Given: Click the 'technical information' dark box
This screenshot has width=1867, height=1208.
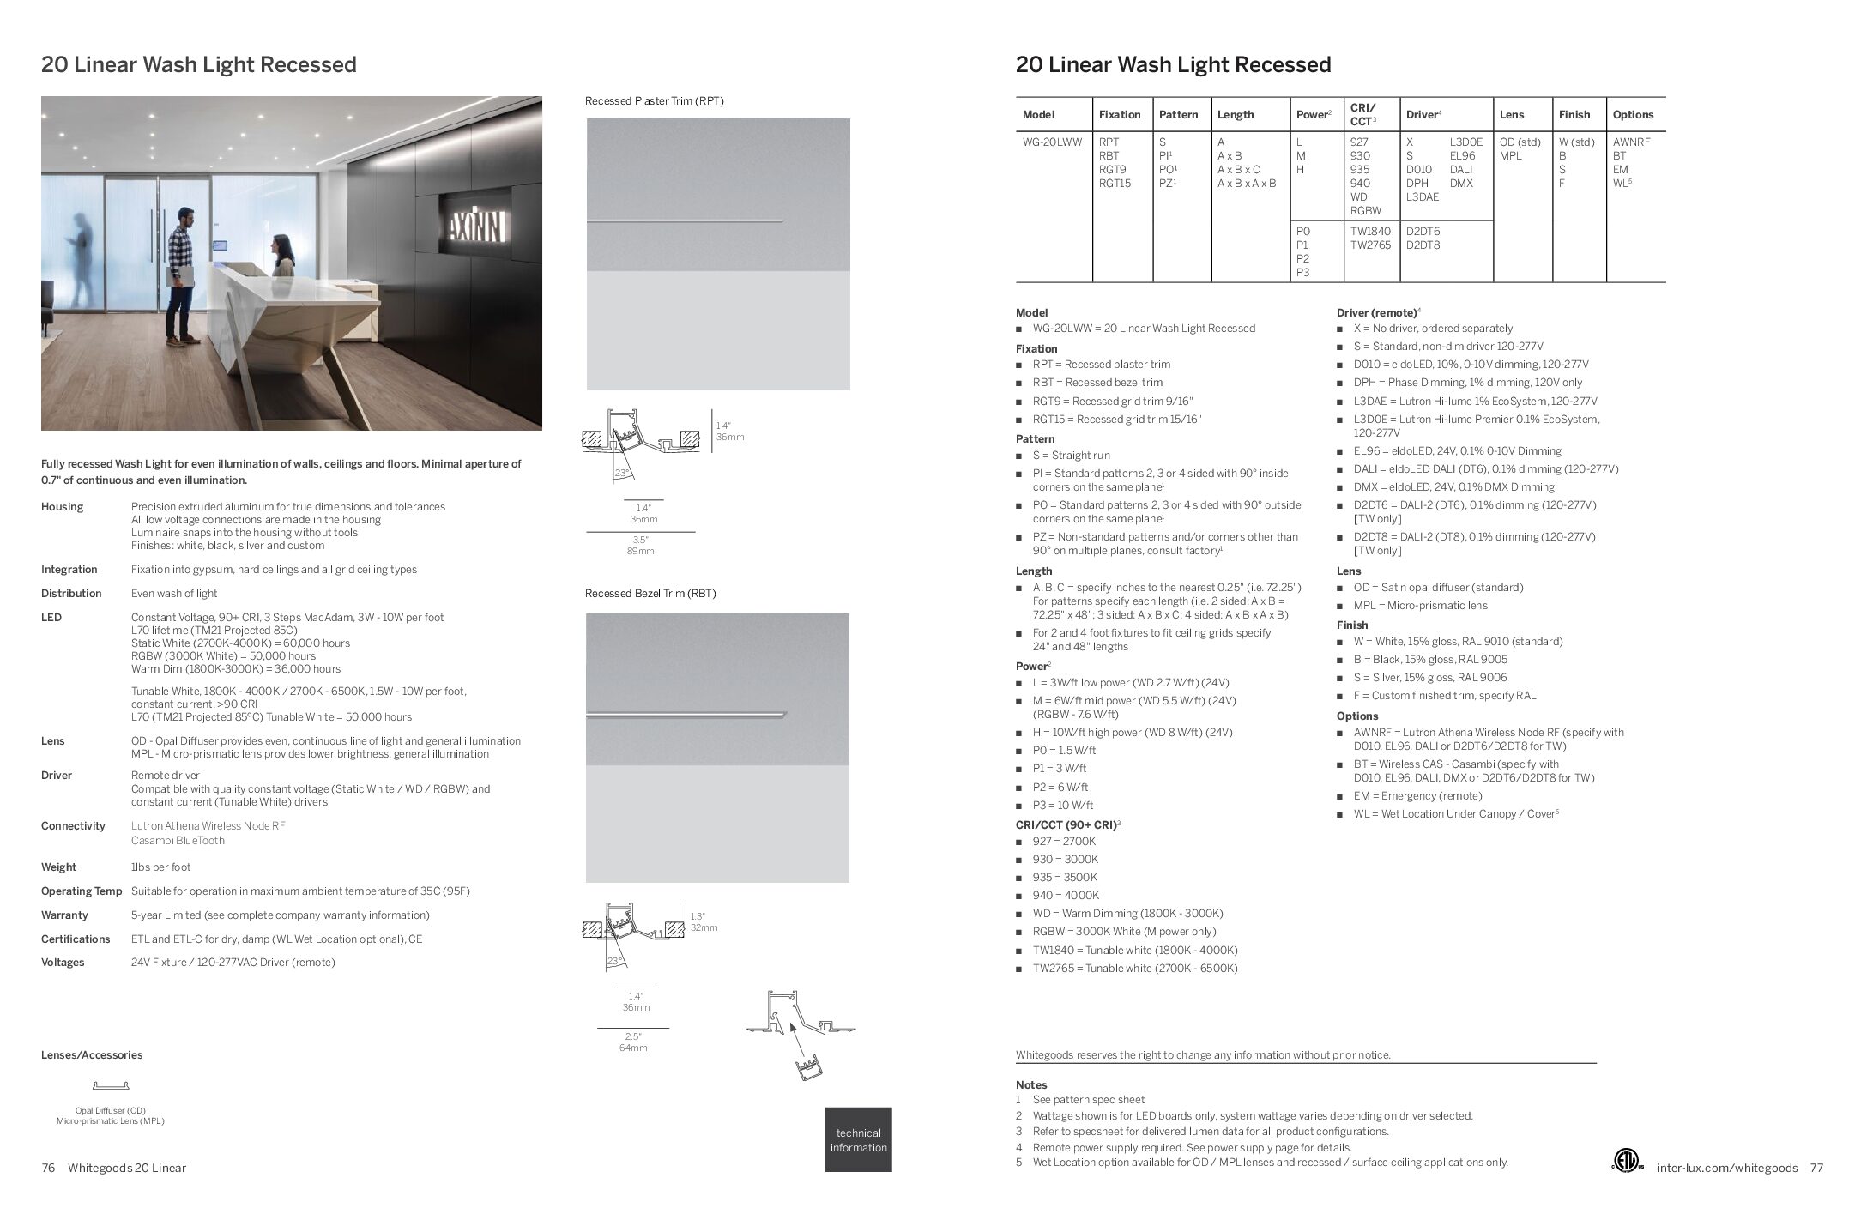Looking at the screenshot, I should point(858,1139).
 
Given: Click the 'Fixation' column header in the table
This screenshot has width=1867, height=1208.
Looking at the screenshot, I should point(1120,115).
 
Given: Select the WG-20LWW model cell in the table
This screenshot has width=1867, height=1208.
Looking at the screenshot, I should point(1052,142).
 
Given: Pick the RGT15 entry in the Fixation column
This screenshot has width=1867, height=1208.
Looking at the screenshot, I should point(1115,184).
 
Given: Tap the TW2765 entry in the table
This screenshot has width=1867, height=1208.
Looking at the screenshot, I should point(1371,245).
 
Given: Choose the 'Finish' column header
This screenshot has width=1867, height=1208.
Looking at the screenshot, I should point(1574,115).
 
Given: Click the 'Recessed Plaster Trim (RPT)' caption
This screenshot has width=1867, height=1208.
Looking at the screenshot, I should point(654,101).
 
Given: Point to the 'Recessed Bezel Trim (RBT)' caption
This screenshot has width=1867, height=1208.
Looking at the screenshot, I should point(650,594).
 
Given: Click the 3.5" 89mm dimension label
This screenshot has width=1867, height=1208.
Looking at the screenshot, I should point(640,546).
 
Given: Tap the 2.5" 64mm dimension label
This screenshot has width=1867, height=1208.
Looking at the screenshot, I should point(633,1042).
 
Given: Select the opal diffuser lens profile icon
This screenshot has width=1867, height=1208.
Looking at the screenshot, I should point(110,1085).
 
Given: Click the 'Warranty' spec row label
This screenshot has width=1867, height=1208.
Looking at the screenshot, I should point(64,915).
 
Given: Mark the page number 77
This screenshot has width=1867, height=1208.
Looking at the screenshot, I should point(1816,1168).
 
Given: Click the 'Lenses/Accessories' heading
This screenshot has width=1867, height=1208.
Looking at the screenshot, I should point(92,1055).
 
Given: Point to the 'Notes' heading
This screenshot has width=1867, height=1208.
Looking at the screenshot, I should point(1031,1085).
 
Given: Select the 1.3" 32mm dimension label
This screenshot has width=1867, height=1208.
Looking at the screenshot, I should point(704,922).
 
